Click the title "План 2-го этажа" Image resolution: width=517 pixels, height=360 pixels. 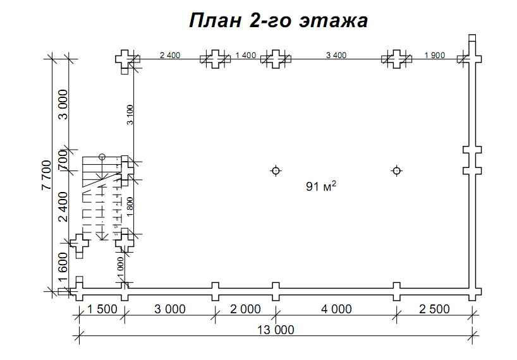tap(278, 21)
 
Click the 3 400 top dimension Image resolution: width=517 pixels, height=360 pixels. tap(336, 55)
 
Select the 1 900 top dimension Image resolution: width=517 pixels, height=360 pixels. tap(435, 55)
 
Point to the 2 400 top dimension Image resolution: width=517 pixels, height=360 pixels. tap(170, 55)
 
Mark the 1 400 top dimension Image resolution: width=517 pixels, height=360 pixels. tap(245, 55)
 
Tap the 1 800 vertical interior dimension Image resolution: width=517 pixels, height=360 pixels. tap(130, 207)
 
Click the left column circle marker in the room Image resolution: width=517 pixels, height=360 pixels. tap(276, 171)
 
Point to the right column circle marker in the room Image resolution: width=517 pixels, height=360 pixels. tap(396, 171)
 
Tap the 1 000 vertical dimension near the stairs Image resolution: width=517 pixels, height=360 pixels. tap(120, 265)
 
